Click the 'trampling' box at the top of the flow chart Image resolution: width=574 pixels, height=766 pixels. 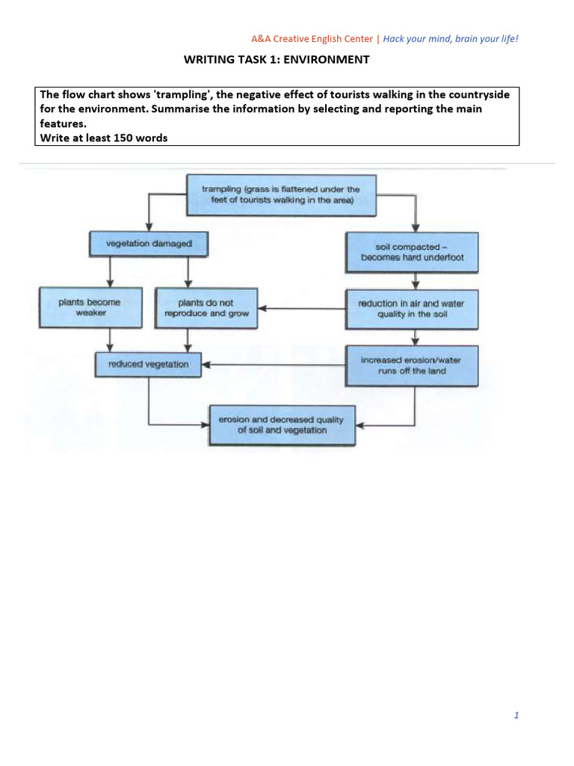(x=281, y=194)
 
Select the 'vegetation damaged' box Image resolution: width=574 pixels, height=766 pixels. (x=149, y=244)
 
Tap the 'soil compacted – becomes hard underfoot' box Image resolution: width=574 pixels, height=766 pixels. (x=411, y=252)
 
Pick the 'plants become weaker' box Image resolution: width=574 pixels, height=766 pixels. (x=89, y=307)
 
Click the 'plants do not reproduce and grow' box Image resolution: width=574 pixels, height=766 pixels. (x=206, y=308)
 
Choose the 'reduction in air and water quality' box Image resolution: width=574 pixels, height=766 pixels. (x=411, y=308)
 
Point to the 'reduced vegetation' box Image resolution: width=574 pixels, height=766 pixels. (x=149, y=364)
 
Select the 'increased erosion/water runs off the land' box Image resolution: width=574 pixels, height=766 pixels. (x=411, y=365)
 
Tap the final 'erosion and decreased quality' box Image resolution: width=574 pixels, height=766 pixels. (x=282, y=425)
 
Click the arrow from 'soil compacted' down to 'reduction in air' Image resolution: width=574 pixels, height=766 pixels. (x=415, y=281)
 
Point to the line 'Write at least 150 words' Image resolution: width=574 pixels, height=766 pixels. (x=103, y=138)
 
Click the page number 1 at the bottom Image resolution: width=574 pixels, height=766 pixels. (x=516, y=715)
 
